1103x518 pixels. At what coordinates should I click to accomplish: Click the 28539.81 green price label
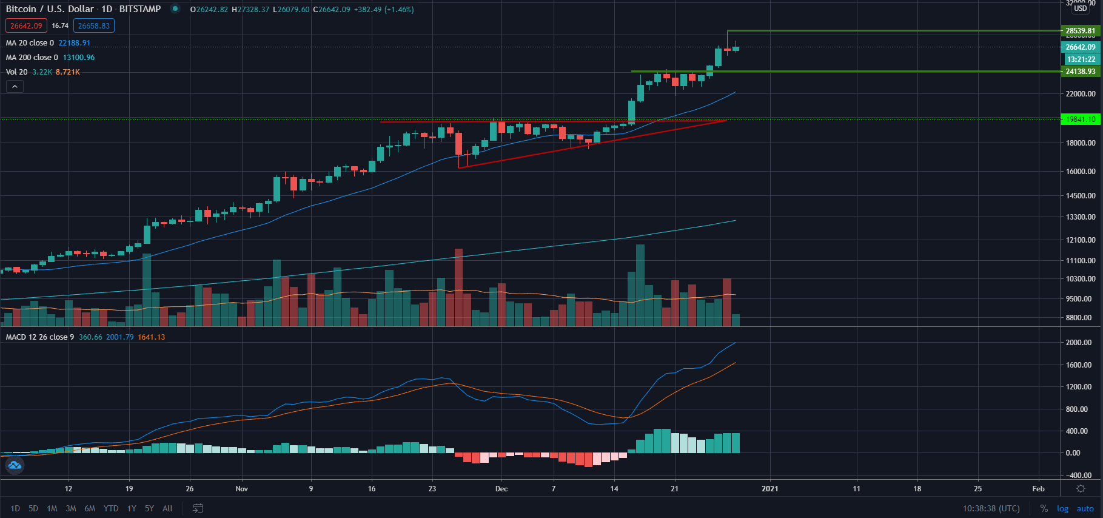1081,31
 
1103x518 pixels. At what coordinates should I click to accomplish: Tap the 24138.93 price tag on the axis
1081,72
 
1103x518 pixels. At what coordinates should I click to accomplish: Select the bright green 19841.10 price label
1081,119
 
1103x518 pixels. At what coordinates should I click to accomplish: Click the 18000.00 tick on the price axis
1081,143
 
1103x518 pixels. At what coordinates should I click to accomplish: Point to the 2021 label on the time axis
769,489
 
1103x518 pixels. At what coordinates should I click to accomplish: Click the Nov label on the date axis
242,489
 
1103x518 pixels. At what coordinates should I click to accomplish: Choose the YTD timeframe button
111,508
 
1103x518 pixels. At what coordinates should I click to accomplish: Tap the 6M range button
90,508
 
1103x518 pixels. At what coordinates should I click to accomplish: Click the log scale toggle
1062,508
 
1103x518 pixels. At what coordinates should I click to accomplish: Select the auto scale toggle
1085,508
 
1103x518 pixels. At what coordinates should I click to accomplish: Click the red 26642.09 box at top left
26,26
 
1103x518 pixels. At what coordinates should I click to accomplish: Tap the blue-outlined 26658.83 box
94,26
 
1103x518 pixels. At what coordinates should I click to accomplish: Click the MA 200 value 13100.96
79,58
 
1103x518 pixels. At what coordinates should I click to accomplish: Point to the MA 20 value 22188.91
74,43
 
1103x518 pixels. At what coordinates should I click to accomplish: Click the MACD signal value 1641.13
151,337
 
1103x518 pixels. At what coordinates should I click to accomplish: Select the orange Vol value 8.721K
68,72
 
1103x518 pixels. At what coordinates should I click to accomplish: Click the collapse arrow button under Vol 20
15,87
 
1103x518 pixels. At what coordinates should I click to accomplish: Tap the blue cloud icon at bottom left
15,465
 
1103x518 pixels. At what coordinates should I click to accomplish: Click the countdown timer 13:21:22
1081,59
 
